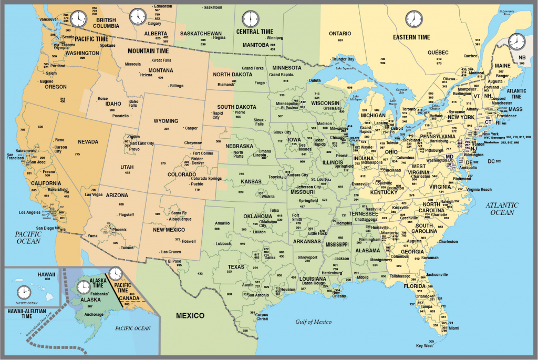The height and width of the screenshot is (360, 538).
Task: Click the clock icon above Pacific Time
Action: coord(77,18)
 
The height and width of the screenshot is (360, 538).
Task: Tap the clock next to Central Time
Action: coord(250,19)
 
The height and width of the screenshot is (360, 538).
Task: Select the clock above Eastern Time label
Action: coord(413,19)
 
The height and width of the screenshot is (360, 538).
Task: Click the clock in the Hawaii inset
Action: coord(24,292)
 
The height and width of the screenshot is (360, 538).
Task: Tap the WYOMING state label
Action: coord(165,121)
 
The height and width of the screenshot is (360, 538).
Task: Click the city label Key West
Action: coord(424,345)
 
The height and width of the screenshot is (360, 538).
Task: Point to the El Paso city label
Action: coord(174,261)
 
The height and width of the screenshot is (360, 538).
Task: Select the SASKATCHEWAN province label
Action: coord(201,33)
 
